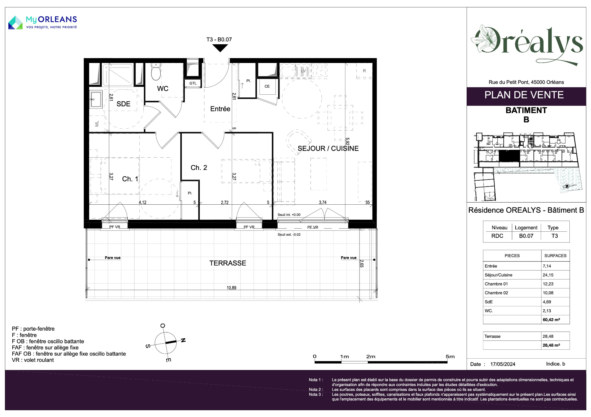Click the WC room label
[163, 89]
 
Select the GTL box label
[193, 83]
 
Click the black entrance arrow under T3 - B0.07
[220, 48]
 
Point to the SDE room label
[123, 104]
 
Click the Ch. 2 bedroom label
[199, 167]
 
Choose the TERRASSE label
[228, 263]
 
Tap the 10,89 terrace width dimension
[231, 288]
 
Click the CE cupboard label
[267, 86]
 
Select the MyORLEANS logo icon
[15, 23]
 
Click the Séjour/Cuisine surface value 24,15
[548, 275]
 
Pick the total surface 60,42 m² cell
[551, 320]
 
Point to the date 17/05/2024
[503, 364]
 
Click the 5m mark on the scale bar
[450, 356]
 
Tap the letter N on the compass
[183, 340]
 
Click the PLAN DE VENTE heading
[524, 95]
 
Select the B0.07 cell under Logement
[526, 236]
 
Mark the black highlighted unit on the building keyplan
[509, 156]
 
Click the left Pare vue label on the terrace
[113, 258]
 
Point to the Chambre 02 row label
[496, 293]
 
